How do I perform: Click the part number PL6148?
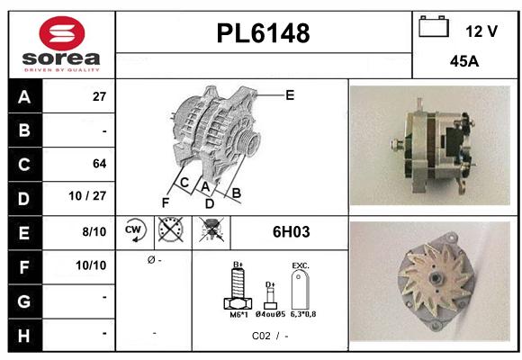263,34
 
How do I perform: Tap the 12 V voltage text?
481,31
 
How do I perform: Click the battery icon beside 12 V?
434,28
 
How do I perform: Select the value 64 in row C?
99,164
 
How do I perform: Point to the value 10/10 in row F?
93,265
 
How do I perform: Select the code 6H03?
291,232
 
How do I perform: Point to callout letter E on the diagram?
290,94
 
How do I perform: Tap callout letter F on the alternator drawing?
166,202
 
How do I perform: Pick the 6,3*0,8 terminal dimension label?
303,314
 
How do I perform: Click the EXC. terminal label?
301,266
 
